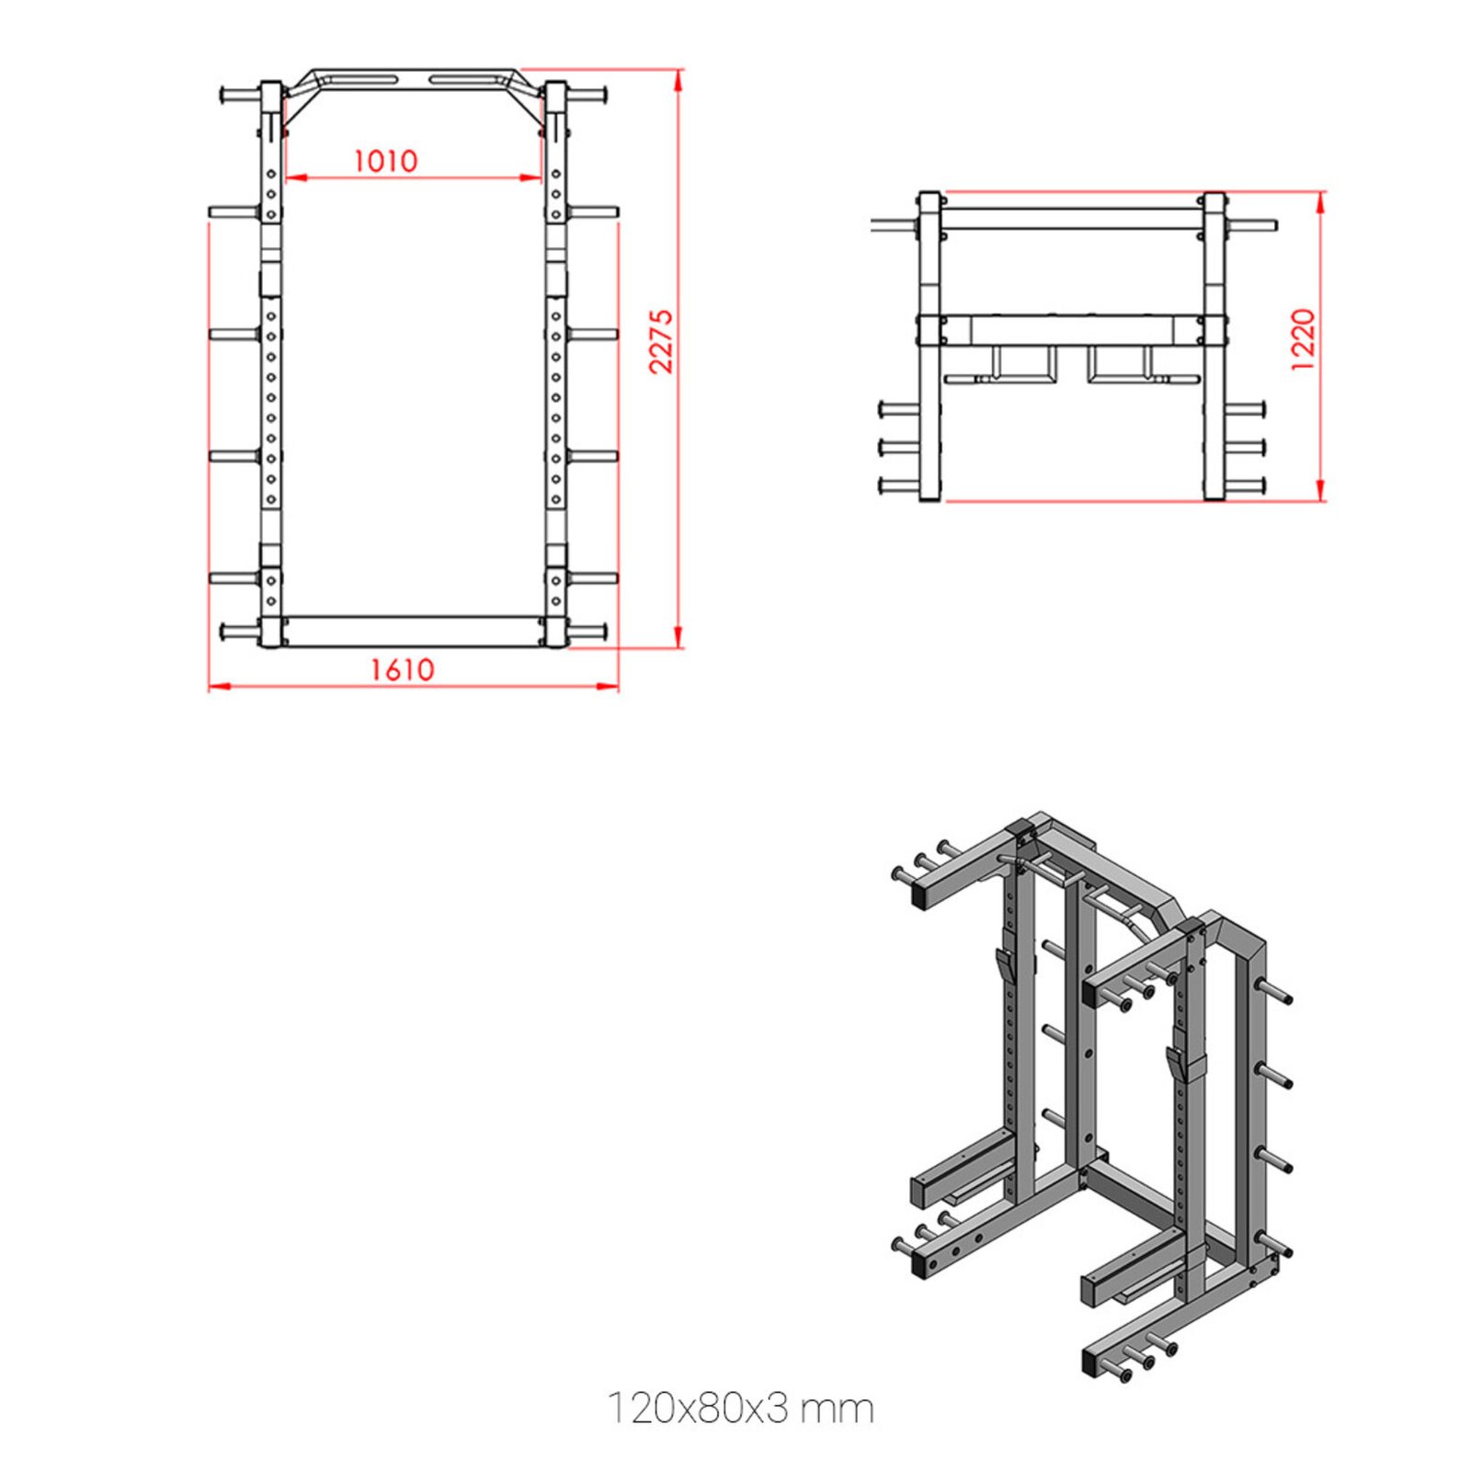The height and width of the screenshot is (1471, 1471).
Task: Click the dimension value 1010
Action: [x=385, y=161]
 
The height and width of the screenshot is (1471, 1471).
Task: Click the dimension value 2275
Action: [x=661, y=341]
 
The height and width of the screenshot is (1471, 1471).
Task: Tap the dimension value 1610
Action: [x=402, y=669]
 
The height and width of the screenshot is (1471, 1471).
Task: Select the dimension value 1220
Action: [x=1303, y=340]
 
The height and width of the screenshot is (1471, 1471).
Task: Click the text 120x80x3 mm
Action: [x=740, y=1408]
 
